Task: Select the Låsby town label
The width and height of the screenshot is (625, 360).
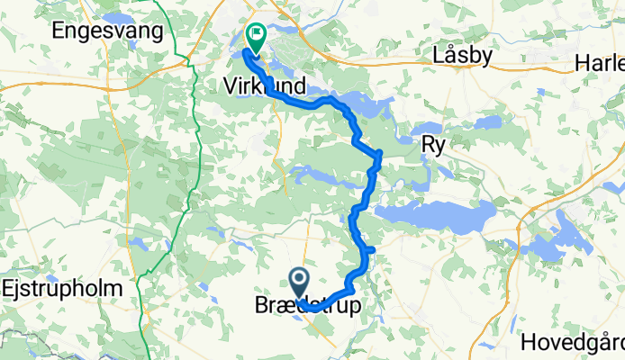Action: tap(462, 55)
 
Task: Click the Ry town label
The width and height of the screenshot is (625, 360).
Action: tap(433, 143)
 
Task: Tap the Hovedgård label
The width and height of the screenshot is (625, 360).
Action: tap(573, 342)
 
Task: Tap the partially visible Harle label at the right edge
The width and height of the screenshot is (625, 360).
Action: tap(601, 64)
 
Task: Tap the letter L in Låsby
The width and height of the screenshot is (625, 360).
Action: tap(438, 55)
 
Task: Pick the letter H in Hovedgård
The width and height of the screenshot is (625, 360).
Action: tap(528, 342)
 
